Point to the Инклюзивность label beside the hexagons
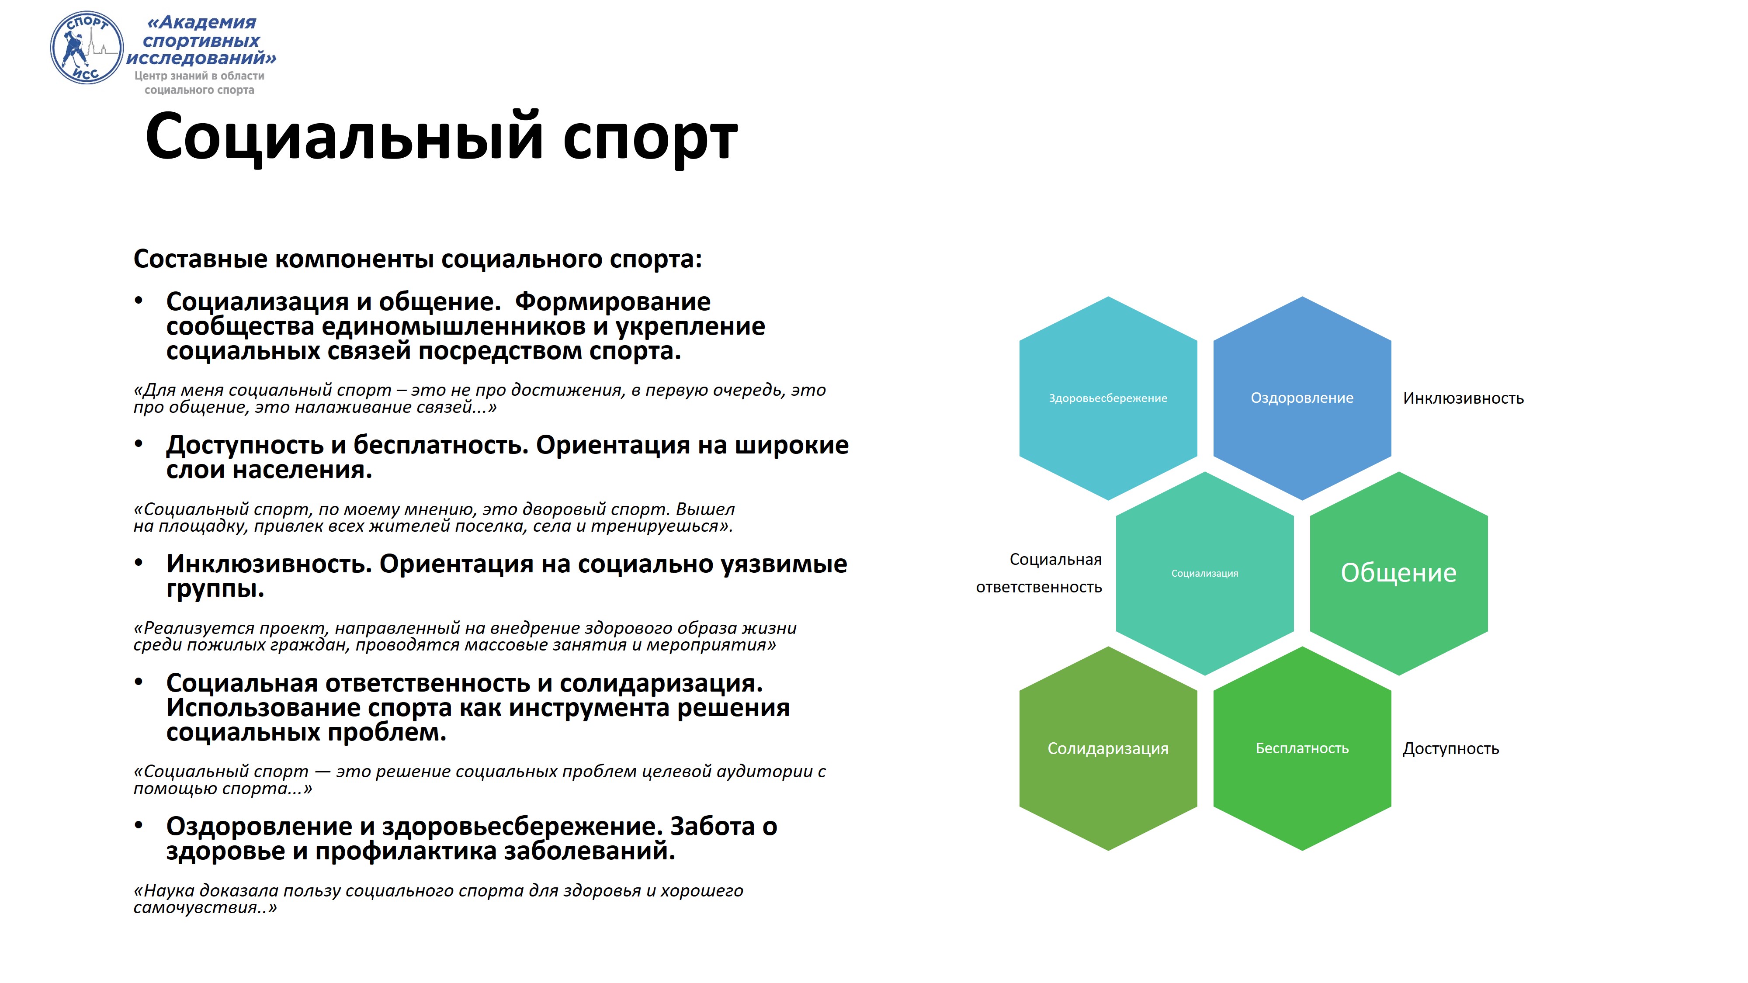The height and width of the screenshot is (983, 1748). coord(1463,398)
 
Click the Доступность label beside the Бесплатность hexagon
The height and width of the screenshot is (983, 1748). coord(1451,748)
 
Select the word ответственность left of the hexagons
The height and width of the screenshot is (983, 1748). coord(1039,587)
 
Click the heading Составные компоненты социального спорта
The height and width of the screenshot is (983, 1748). coord(417,259)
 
